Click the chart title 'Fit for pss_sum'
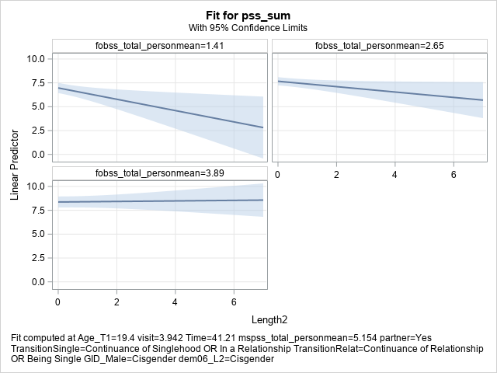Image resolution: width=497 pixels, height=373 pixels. tap(248, 15)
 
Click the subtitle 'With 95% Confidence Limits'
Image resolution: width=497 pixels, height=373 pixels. tap(248, 28)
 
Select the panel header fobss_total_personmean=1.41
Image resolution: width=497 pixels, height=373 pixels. tap(160, 46)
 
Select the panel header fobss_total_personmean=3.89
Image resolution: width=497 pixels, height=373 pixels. tap(160, 173)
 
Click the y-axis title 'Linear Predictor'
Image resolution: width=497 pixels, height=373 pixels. tap(15, 163)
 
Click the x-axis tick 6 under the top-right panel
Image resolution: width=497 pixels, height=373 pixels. tap(454, 172)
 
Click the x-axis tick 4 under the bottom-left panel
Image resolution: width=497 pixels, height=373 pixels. tap(175, 300)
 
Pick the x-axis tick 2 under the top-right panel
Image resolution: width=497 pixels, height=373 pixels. tap(335, 172)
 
